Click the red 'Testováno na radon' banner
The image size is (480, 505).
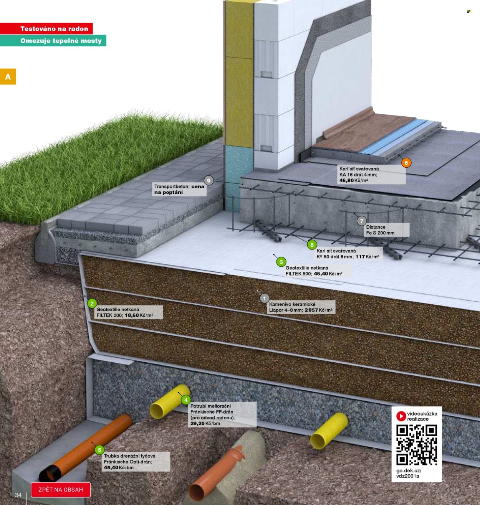tap(46, 28)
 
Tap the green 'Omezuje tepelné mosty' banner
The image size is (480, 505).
tap(53, 41)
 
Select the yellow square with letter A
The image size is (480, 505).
tap(8, 76)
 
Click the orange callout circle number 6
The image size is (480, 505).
tap(406, 163)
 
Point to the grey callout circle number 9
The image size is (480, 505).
tap(209, 181)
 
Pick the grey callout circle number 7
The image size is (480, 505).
tap(362, 221)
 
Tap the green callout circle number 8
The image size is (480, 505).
tap(312, 245)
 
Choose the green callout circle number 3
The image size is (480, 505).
tap(281, 262)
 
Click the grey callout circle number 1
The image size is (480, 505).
tap(264, 298)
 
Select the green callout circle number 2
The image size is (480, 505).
tap(92, 304)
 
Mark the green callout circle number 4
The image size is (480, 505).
tap(185, 400)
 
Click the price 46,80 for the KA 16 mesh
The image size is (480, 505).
tap(346, 180)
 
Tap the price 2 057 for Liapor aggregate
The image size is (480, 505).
tap(311, 310)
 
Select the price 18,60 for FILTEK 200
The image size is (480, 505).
tap(132, 315)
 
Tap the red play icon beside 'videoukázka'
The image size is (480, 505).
tap(401, 416)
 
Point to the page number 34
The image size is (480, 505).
tap(18, 495)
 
